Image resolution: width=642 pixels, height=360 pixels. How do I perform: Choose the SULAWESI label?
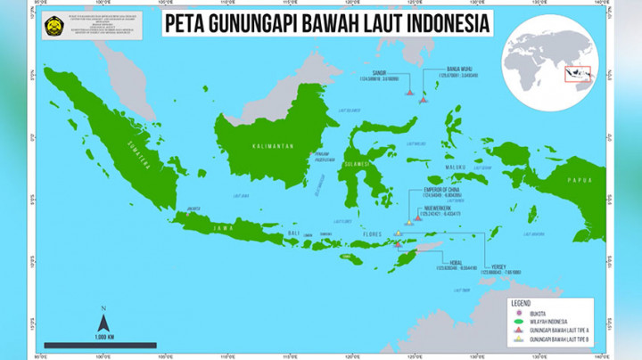click(x=359, y=164)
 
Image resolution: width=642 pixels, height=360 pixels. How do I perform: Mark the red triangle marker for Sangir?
click(x=408, y=92)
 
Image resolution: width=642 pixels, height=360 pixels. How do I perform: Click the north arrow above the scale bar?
click(x=103, y=318)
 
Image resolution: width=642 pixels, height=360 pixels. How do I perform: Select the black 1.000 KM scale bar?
click(x=101, y=345)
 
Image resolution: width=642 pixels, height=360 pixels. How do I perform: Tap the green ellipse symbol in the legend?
click(x=516, y=320)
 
